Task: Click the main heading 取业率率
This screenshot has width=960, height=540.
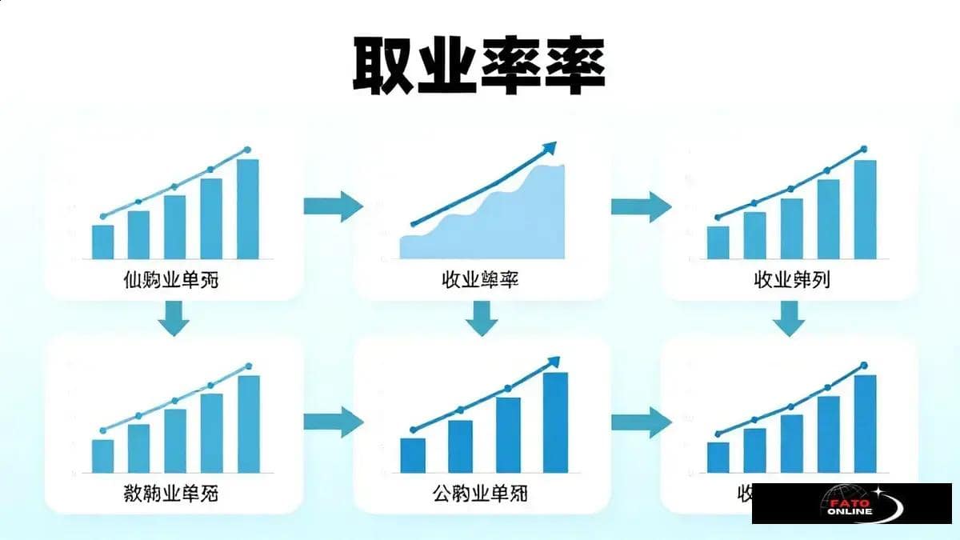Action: (479, 65)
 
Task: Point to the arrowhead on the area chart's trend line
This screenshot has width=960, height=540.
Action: (549, 147)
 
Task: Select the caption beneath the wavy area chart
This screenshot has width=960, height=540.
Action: (479, 281)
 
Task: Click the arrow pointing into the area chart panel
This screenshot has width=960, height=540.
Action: (333, 206)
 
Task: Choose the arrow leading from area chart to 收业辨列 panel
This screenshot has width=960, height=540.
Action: (641, 206)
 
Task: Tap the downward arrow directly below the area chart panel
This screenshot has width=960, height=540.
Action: (481, 318)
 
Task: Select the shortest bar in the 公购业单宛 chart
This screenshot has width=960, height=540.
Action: (413, 455)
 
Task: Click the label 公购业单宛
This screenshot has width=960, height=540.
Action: (479, 494)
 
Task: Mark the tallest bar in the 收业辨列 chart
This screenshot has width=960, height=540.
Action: (865, 210)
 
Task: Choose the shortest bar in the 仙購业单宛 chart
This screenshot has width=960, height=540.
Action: (102, 242)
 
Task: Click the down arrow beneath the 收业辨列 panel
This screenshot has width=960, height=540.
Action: (789, 318)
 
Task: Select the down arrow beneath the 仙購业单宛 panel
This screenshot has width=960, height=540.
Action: (174, 318)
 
